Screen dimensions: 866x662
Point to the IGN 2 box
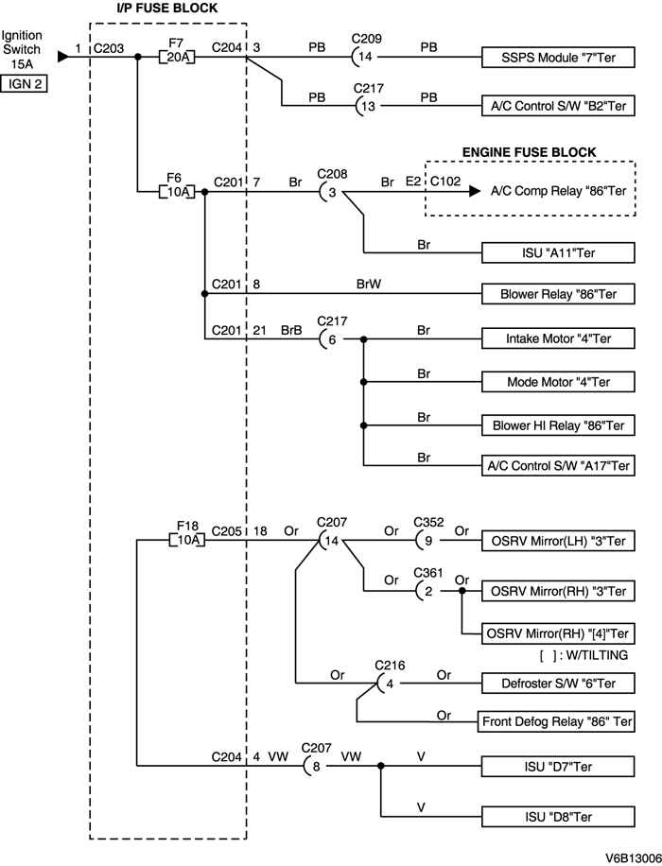(24, 83)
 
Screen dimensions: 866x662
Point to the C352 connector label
(427, 521)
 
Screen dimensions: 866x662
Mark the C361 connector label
(427, 571)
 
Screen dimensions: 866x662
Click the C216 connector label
(389, 665)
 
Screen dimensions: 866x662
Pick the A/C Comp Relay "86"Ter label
(558, 190)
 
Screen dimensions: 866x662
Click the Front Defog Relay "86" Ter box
(557, 721)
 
